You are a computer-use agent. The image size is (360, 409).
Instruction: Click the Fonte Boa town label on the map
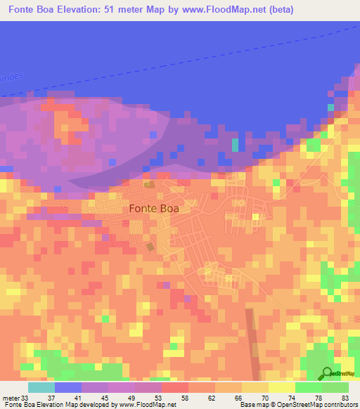[154, 209]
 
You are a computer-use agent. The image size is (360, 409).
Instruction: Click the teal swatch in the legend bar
[41, 387]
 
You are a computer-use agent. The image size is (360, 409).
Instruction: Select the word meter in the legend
[11, 398]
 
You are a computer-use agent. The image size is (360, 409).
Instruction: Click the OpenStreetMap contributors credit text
[318, 405]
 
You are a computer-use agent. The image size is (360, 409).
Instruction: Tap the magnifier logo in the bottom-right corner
[327, 373]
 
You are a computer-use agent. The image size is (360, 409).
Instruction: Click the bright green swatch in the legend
[308, 387]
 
